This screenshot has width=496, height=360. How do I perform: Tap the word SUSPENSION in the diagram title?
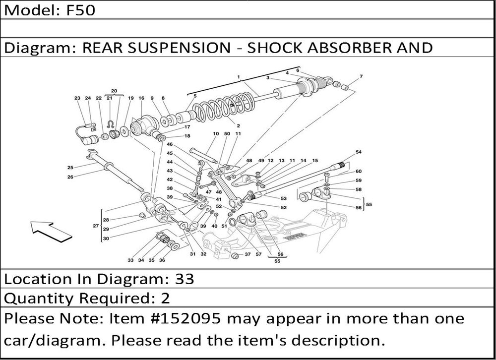pos(187,48)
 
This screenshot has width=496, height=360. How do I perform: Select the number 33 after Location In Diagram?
pos(184,279)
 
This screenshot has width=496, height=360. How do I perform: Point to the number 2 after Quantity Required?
pos(165,299)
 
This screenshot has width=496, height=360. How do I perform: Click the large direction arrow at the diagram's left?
pos(49,231)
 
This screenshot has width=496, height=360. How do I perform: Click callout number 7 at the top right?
pos(361,76)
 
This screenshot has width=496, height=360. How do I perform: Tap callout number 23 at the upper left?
pos(77,98)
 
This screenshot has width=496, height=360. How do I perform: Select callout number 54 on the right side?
pos(359,152)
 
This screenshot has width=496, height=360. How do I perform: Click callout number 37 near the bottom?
pos(248,255)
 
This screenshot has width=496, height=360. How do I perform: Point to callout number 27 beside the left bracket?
pos(96,226)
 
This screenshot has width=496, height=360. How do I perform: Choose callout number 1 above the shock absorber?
pos(239,77)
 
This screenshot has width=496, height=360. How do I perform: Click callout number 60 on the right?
pos(358,171)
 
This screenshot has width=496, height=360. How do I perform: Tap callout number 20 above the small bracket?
pos(114,91)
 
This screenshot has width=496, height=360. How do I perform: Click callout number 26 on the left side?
pos(70,177)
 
